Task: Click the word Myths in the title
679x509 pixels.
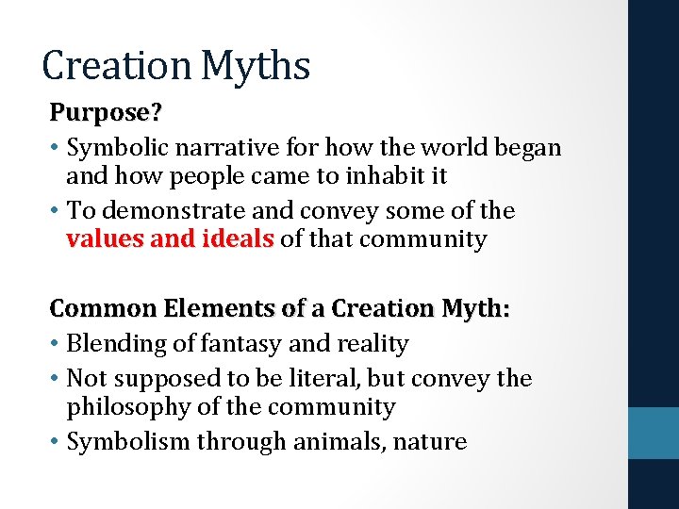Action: coord(256,66)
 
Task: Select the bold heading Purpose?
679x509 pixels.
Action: coord(106,113)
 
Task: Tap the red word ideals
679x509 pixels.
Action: coord(237,238)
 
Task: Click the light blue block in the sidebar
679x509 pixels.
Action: coord(654,433)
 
